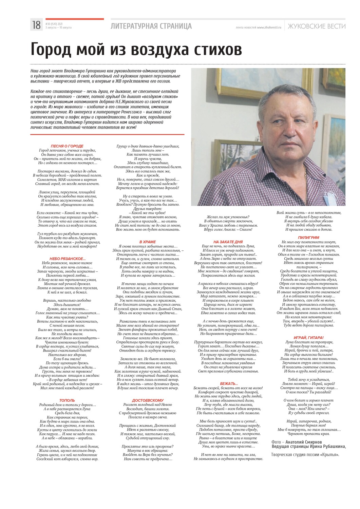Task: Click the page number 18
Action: click(36, 25)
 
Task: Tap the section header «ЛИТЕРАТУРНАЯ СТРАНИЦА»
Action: click(151, 26)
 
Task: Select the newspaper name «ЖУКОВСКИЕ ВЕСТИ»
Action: click(316, 26)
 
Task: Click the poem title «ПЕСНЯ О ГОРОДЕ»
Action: click(67, 146)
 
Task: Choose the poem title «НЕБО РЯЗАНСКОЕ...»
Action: click(68, 259)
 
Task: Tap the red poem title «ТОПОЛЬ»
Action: click(67, 400)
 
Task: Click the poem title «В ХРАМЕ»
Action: click(148, 242)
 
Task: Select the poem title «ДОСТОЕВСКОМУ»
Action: click(148, 400)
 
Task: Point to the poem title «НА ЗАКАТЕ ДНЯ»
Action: click(228, 242)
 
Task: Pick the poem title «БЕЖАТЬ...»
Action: click(229, 383)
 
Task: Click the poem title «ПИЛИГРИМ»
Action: click(308, 238)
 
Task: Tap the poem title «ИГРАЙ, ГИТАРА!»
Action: click(308, 338)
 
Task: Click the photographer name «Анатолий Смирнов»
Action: click(304, 442)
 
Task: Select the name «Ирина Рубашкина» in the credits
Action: click(327, 447)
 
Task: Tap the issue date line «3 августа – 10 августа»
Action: click(58, 28)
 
